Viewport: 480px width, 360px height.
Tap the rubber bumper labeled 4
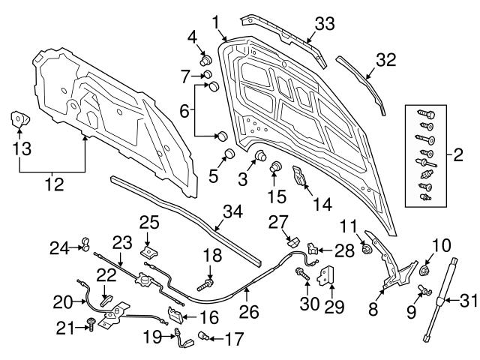204,58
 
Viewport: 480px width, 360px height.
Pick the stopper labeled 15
275,166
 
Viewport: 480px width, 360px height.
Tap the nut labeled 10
425,269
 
